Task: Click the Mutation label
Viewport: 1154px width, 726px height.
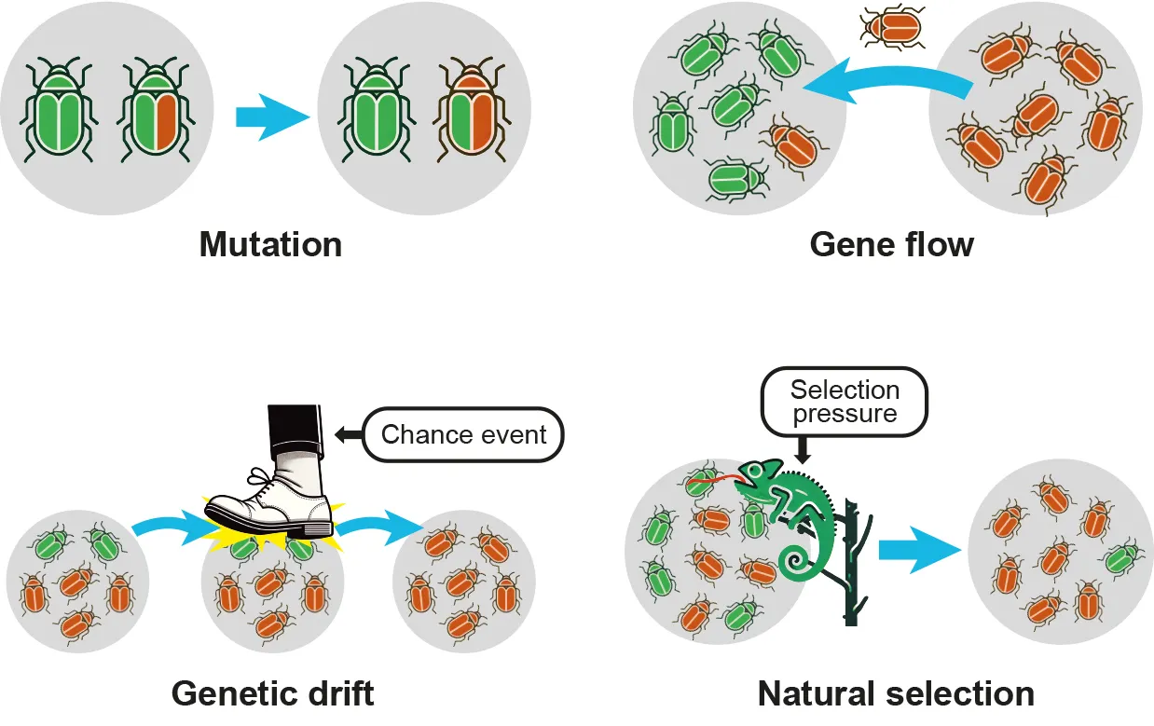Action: [270, 245]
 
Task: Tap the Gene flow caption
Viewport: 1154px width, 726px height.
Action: [891, 245]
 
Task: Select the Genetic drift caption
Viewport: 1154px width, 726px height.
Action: [272, 693]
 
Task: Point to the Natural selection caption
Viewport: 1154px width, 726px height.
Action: [896, 693]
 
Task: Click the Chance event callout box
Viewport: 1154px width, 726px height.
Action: [463, 434]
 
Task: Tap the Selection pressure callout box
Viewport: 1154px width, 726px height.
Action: [845, 402]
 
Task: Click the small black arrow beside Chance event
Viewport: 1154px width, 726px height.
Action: [346, 433]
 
